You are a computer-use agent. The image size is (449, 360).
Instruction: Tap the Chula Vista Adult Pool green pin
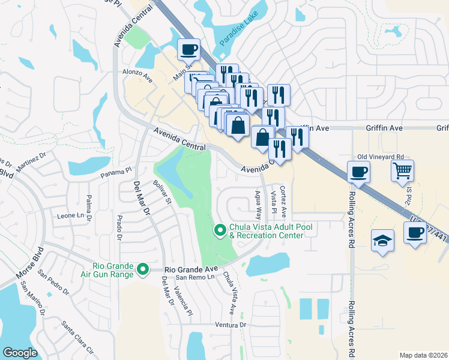[220, 229]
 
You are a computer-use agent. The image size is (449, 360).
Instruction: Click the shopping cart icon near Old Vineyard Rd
[402, 170]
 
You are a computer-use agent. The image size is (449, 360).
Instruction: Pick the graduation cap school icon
[382, 241]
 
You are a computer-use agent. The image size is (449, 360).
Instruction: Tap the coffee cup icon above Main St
[188, 49]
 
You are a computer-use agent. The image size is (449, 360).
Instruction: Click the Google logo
[20, 353]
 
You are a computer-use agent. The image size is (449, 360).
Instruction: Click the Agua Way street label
[258, 205]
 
